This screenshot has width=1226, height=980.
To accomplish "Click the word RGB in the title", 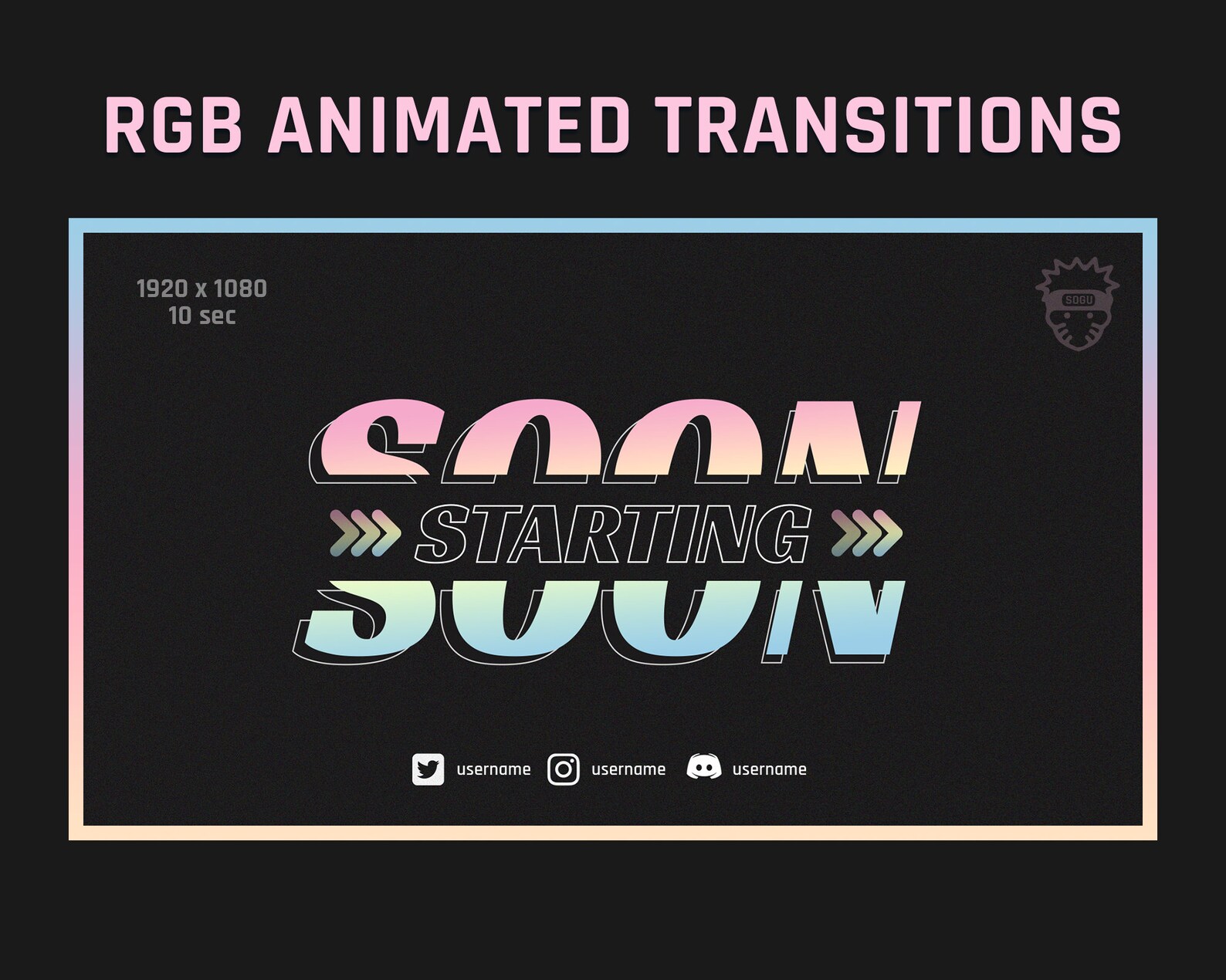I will [174, 125].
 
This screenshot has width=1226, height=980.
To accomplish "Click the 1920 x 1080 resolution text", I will [202, 289].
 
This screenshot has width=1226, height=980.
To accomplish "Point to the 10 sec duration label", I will [202, 316].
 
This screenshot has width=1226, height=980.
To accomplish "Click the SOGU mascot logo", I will [1077, 304].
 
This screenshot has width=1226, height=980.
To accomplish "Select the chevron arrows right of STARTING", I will [866, 533].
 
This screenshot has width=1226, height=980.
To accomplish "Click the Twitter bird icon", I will [428, 769].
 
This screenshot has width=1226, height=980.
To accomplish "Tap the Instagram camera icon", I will [564, 769].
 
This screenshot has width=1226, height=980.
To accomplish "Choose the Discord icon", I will [703, 769].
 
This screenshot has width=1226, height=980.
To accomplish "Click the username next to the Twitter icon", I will [493, 769].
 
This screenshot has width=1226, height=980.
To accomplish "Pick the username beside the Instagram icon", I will [628, 769].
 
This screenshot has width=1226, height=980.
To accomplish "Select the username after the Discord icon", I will [769, 769].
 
